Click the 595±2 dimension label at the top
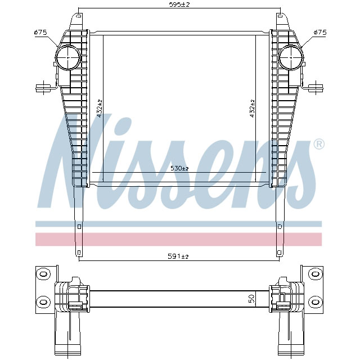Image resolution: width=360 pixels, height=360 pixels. pos(180,4)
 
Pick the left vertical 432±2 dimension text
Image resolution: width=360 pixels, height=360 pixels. pos(100,108)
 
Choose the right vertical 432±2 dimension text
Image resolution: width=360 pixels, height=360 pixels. pos(253,108)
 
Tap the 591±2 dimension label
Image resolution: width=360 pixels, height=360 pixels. pos(178,256)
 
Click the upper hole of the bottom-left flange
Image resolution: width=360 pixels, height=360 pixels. pos(42,274)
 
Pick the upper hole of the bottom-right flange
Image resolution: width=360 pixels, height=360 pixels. pos(316,274)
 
